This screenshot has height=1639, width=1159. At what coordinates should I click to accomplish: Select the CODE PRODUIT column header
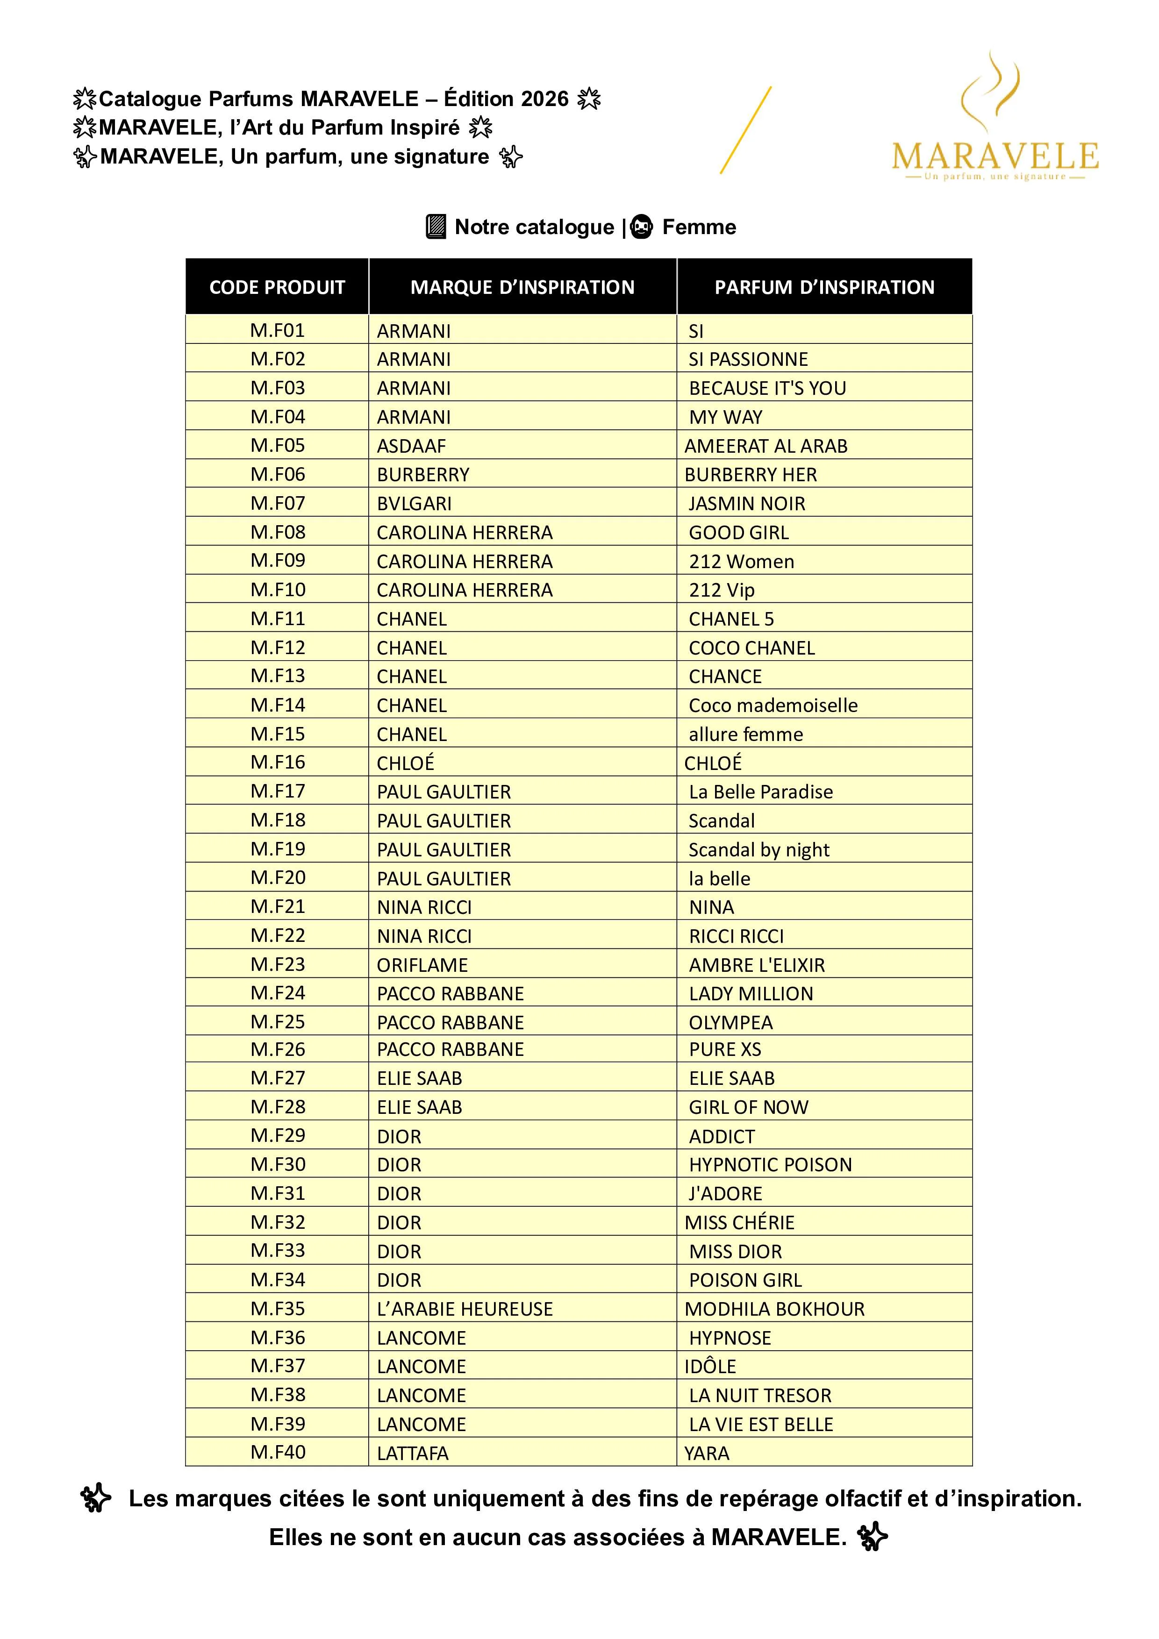point(277,287)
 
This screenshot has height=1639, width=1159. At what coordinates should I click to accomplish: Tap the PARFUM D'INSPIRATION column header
point(824,287)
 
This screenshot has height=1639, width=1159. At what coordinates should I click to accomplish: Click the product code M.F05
point(278,445)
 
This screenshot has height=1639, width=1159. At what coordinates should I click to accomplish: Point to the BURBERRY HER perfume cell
point(751,475)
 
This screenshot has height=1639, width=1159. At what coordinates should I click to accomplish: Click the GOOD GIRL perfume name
point(738,533)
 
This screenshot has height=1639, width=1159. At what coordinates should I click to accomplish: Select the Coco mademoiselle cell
point(773,705)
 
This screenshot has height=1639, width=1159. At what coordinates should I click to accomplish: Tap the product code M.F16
point(278,762)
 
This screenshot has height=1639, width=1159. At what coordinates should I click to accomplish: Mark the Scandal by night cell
point(758,849)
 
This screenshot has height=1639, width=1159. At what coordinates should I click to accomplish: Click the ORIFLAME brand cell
point(422,965)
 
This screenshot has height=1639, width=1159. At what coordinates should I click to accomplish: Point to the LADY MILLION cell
point(751,994)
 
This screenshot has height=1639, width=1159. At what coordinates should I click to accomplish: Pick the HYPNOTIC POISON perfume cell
point(770,1165)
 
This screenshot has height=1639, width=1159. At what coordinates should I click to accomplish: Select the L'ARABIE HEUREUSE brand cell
point(465,1309)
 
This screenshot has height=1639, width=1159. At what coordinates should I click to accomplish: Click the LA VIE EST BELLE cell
point(760,1424)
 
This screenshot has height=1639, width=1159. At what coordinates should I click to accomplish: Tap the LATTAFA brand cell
point(413,1454)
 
